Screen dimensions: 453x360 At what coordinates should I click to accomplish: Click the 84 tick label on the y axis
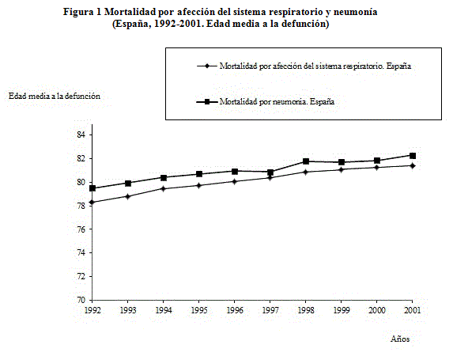tap(81, 135)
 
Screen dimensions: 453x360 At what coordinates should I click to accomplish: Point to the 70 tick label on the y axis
tap(81, 300)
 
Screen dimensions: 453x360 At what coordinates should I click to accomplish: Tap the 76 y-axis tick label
tap(81, 229)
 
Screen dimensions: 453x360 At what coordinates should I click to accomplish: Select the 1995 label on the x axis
tap(199, 310)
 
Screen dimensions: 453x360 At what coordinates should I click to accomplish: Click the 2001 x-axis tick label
tap(412, 310)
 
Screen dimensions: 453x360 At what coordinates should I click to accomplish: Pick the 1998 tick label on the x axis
tap(306, 310)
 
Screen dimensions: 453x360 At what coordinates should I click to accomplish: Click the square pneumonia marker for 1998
tap(306, 161)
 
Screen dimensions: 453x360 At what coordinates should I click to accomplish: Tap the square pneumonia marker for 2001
tap(413, 156)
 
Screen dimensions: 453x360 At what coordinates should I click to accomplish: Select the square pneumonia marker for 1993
tap(128, 184)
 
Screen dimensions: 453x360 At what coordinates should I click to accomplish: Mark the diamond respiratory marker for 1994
tap(164, 189)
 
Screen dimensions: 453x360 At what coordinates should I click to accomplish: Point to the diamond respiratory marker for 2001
tap(413, 165)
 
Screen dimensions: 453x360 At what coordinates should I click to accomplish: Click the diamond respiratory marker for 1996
tap(235, 182)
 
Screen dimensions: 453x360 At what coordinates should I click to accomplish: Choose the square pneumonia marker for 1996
tap(235, 172)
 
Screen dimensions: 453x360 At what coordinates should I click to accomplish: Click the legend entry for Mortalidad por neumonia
tap(277, 101)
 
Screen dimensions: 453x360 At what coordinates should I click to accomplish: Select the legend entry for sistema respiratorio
tap(315, 66)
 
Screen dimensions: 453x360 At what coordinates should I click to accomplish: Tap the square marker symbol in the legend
tap(207, 102)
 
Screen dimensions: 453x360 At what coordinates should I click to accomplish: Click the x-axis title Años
tap(400, 339)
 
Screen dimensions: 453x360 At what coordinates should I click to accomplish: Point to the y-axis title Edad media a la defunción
tap(55, 96)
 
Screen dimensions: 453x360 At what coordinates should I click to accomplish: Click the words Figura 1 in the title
tap(82, 12)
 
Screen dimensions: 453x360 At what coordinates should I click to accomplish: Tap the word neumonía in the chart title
tap(355, 12)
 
